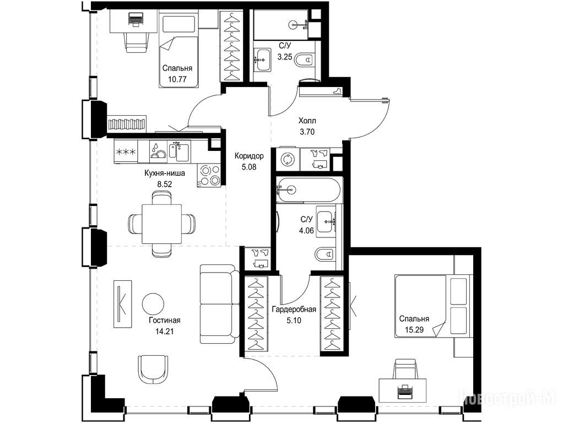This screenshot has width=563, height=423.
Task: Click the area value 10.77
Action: point(177,79)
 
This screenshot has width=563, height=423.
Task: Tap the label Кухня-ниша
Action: point(165,173)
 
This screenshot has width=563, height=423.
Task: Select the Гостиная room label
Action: point(165,321)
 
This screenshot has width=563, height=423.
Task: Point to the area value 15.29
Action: point(414,329)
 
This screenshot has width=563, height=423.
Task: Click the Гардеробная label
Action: point(294,310)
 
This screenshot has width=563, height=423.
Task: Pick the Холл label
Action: point(307,121)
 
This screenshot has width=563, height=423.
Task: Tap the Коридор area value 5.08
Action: point(249,167)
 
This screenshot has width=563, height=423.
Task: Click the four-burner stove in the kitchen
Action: point(209,175)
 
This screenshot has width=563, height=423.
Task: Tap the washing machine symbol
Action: point(287,159)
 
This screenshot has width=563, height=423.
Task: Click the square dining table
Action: point(161,224)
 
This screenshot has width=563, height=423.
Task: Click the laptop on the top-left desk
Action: point(136,19)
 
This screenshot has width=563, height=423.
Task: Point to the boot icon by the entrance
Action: point(338,91)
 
